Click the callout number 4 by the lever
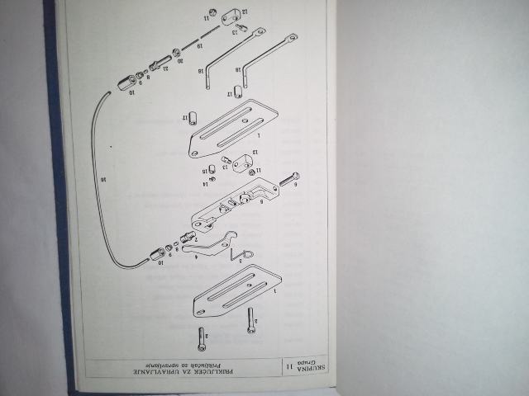(195, 257)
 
